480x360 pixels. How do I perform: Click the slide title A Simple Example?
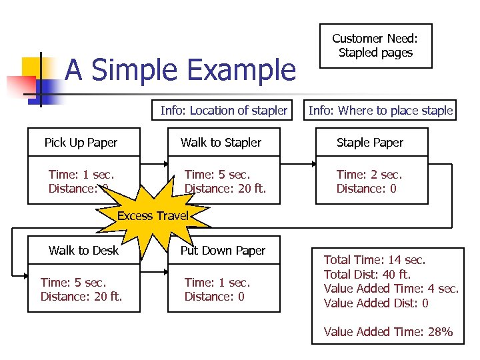(180, 70)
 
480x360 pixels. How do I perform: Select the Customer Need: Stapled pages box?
(376, 46)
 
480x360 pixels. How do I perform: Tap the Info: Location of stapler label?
(223, 111)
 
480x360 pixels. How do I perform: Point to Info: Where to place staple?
(381, 111)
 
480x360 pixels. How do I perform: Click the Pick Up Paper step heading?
(81, 143)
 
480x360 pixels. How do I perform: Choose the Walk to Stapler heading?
(221, 143)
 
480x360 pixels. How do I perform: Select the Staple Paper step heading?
(370, 143)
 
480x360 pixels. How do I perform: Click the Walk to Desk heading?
(83, 251)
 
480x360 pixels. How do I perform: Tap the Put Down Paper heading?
(223, 251)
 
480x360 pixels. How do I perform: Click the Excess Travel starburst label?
(153, 215)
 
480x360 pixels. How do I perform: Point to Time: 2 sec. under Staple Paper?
(369, 175)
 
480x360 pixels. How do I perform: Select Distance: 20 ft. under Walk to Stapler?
(225, 189)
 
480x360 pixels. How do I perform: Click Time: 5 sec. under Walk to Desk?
(73, 283)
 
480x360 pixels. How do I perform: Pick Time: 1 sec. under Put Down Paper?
(217, 283)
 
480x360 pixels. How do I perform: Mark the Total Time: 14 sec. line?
(375, 260)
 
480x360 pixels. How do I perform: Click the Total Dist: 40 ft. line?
(367, 274)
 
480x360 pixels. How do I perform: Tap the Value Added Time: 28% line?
(388, 331)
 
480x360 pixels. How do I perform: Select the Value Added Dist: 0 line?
(376, 303)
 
